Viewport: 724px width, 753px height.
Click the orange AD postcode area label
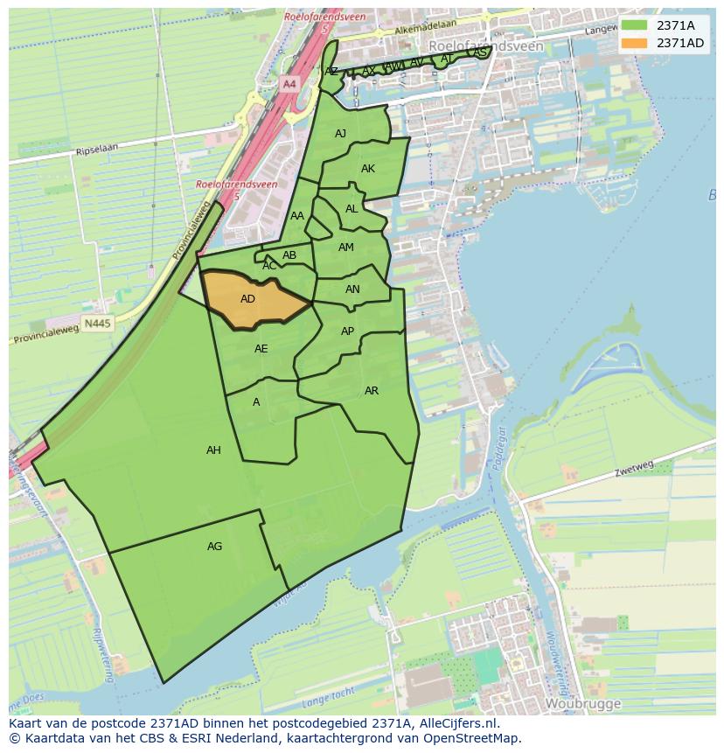pyautogui.click(x=247, y=299)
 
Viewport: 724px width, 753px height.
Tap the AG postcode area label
pyautogui.click(x=214, y=547)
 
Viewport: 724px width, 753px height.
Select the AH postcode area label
pyautogui.click(x=213, y=450)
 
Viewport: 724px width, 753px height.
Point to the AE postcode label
pyautogui.click(x=261, y=349)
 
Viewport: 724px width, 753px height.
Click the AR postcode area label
pyautogui.click(x=372, y=391)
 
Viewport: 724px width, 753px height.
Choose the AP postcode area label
pyautogui.click(x=347, y=331)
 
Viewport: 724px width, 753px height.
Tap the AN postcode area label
pyautogui.click(x=352, y=289)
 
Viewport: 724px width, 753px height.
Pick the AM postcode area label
pyautogui.click(x=346, y=248)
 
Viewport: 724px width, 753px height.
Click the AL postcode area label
pyautogui.click(x=352, y=209)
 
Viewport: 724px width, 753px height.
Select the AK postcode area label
pyautogui.click(x=368, y=169)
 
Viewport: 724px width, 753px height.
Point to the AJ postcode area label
pyautogui.click(x=340, y=134)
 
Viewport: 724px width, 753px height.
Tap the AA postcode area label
pyautogui.click(x=297, y=216)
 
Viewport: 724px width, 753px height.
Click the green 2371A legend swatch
pyautogui.click(x=635, y=25)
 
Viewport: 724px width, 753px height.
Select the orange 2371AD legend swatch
pyautogui.click(x=635, y=43)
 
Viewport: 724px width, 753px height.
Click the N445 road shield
pyautogui.click(x=97, y=324)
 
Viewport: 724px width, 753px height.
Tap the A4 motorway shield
pyautogui.click(x=289, y=84)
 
